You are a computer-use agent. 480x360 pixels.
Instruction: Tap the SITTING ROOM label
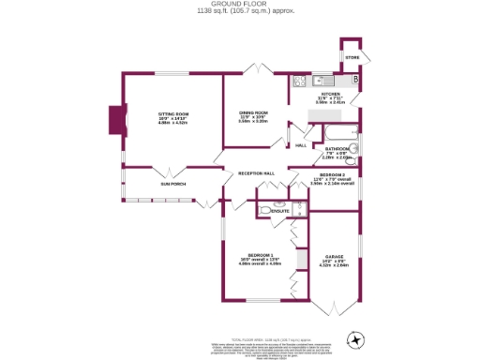click(173, 113)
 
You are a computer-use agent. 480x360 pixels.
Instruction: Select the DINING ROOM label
click(253, 112)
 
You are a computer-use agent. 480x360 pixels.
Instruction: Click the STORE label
click(352, 58)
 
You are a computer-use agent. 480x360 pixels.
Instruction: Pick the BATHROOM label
click(337, 148)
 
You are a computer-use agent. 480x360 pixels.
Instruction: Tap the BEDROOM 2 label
click(332, 175)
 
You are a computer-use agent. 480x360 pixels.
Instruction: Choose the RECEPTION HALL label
click(256, 173)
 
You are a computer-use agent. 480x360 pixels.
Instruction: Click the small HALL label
click(301, 145)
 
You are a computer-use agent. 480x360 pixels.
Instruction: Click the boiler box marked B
click(354, 82)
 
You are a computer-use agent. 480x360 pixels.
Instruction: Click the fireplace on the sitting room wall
click(116, 119)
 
